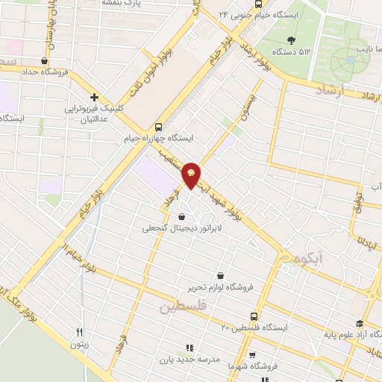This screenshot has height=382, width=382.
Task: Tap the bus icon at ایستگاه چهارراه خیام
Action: click(x=158, y=127)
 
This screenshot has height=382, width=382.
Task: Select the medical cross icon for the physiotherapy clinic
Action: click(x=94, y=97)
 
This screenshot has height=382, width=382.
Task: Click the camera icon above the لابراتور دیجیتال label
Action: click(x=174, y=216)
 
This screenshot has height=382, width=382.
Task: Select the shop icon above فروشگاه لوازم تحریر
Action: click(x=219, y=275)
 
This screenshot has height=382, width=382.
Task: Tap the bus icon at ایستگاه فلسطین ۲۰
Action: click(x=255, y=316)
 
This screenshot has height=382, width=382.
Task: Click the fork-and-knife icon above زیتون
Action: click(x=80, y=333)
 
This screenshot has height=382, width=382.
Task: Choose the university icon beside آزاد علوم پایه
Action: click(x=360, y=323)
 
